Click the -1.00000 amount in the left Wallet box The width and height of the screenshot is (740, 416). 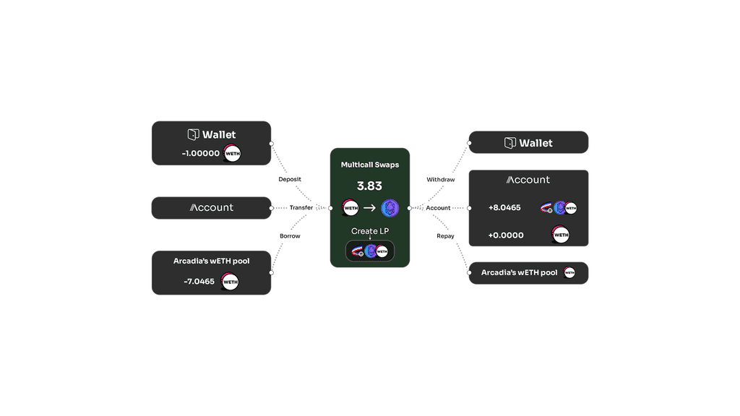(201, 153)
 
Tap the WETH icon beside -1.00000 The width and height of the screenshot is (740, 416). (232, 154)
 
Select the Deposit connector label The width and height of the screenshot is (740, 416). (290, 179)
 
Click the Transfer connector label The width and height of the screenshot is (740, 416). (301, 208)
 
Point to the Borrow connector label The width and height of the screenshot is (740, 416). (290, 236)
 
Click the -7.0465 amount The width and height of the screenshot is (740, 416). (199, 282)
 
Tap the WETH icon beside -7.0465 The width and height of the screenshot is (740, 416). (230, 282)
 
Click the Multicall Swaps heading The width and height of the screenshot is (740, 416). (370, 165)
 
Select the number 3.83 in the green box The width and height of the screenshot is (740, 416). (369, 186)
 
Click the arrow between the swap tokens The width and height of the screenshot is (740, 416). (369, 208)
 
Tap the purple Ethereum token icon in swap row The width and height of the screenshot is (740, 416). (390, 208)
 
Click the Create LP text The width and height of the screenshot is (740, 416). (369, 231)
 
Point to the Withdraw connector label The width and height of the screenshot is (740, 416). (441, 180)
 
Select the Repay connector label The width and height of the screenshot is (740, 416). (445, 236)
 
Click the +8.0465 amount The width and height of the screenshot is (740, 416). (504, 208)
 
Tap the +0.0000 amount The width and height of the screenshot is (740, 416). (506, 235)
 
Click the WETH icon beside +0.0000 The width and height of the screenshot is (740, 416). (560, 235)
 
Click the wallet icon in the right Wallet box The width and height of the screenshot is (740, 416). (510, 143)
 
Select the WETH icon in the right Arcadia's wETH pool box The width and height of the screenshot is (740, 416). (569, 273)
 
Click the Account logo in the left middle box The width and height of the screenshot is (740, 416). (211, 208)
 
